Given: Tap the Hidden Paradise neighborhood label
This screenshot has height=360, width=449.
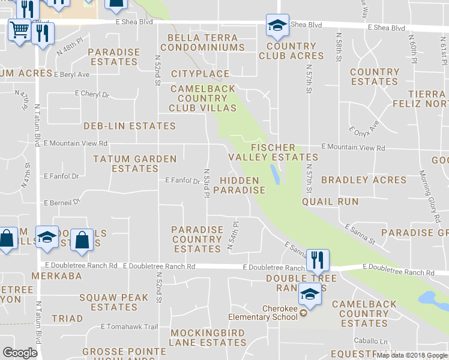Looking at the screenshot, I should pyautogui.click(x=239, y=185).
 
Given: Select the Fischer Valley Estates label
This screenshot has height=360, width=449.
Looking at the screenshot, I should pyautogui.click(x=273, y=152).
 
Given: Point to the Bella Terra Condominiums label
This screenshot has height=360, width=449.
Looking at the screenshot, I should pyautogui.click(x=202, y=42).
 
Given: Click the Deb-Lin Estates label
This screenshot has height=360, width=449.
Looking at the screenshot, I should pyautogui.click(x=130, y=126).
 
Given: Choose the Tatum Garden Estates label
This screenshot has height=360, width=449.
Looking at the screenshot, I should pyautogui.click(x=135, y=164).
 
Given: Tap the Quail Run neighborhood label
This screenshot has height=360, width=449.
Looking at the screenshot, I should pyautogui.click(x=330, y=202).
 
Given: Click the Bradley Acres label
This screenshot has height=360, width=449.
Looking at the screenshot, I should pyautogui.click(x=364, y=180).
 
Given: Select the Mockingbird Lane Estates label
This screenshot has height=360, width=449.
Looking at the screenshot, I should pyautogui.click(x=208, y=338).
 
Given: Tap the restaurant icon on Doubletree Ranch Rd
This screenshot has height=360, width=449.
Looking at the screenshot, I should pyautogui.click(x=318, y=260).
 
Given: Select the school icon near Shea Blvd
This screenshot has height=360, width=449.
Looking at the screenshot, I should pyautogui.click(x=277, y=25).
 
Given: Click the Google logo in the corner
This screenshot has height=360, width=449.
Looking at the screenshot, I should pyautogui.click(x=20, y=353).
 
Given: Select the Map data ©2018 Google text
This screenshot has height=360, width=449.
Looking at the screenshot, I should pyautogui.click(x=411, y=355).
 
